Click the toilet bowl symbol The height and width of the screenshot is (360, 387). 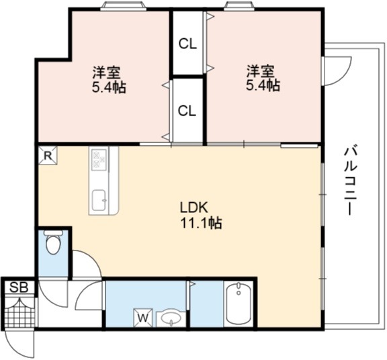[x=53, y=244]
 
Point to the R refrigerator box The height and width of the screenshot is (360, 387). [x=48, y=155]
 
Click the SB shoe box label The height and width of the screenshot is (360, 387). [x=19, y=287]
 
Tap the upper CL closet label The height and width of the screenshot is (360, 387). [x=187, y=44]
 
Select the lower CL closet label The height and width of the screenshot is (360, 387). [x=187, y=111]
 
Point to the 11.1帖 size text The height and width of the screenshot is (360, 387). [x=202, y=223]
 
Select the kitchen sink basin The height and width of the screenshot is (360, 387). [x=99, y=200]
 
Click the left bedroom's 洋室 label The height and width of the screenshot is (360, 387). [x=107, y=72]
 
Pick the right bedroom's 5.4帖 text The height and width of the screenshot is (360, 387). [x=263, y=85]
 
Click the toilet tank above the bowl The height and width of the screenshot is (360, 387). [x=53, y=232]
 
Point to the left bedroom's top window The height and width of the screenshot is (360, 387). [x=124, y=6]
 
